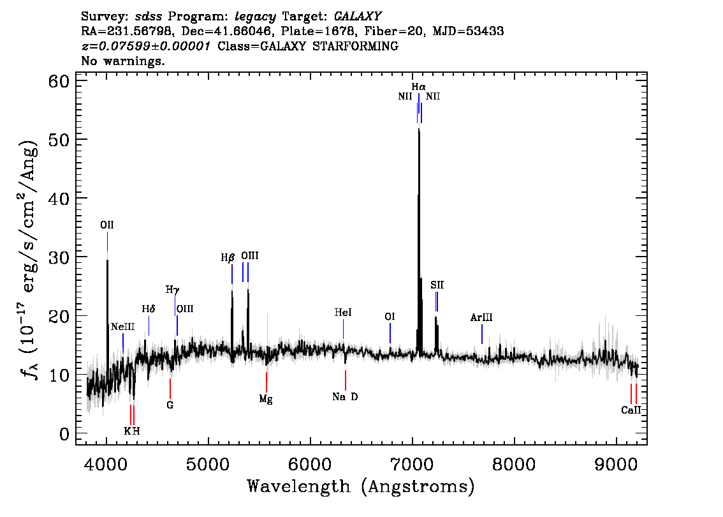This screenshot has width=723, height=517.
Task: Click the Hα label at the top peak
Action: click(x=418, y=87)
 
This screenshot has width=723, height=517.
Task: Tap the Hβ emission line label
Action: click(x=228, y=258)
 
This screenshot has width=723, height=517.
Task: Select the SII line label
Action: click(x=437, y=285)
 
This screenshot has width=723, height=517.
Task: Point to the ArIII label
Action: click(x=481, y=317)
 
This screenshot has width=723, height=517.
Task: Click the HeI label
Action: click(x=343, y=313)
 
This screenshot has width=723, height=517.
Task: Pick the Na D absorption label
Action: click(x=345, y=397)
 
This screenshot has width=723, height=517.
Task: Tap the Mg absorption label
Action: click(x=266, y=399)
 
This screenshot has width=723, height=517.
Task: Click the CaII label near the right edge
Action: click(x=631, y=410)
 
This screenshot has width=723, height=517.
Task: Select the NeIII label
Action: click(x=122, y=326)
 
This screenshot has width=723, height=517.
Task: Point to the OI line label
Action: click(x=390, y=317)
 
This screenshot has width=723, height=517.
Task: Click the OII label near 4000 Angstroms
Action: click(x=107, y=225)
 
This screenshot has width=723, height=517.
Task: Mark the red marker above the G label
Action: click(x=170, y=387)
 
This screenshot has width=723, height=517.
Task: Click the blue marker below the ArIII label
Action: click(x=481, y=333)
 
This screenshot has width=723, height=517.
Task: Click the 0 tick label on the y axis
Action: click(x=64, y=434)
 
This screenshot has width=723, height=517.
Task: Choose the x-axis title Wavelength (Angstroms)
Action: click(x=361, y=486)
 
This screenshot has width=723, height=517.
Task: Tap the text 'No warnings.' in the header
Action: click(x=123, y=61)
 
